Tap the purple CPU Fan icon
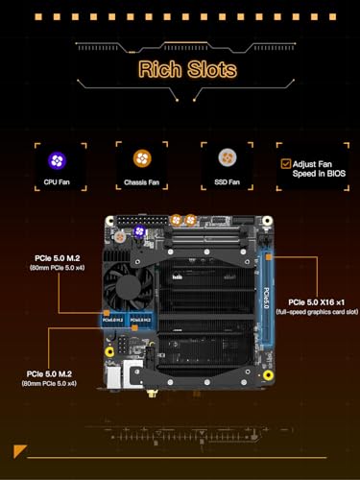point(57,158)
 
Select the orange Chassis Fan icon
point(135,158)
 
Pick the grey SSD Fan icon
point(221,158)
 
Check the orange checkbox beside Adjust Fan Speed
point(285,164)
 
